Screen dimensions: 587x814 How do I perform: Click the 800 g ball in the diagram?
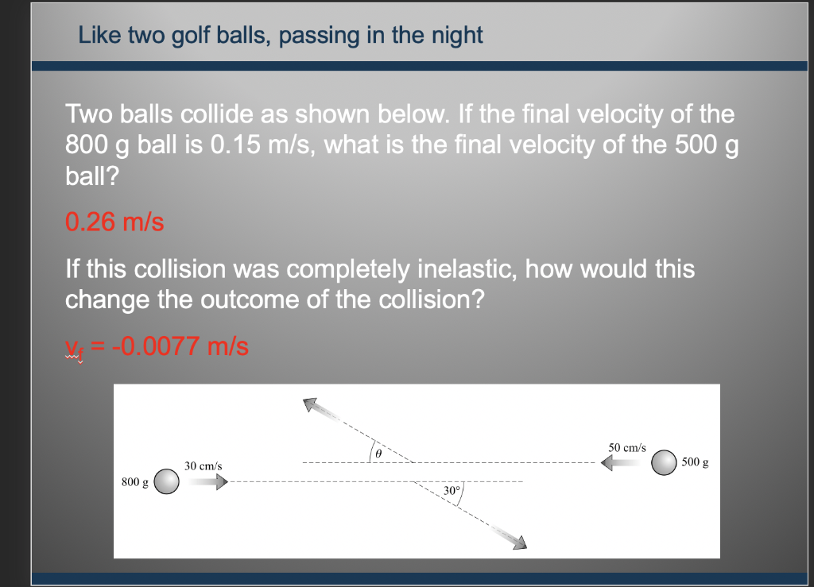point(166,481)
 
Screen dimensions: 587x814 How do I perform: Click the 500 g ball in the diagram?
point(664,461)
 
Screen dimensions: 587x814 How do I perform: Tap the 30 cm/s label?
point(203,465)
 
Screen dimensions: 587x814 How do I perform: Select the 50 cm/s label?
point(627,448)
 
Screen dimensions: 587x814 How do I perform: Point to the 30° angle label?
point(452,491)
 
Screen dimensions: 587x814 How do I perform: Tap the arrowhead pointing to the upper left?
point(311,404)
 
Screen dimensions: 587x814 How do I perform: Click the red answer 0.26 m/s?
point(114,222)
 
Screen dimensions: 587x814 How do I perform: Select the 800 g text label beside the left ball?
point(134,482)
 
